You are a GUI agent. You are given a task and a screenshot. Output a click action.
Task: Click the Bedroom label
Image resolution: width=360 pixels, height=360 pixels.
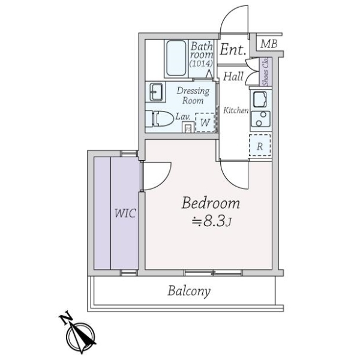click(211, 203)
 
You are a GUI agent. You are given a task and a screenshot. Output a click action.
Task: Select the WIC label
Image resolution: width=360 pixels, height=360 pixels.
click(124, 214)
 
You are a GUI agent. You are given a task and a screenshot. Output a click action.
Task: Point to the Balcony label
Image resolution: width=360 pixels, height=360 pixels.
click(189, 292)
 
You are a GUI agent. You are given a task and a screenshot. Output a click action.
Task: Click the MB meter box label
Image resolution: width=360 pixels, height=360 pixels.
click(269, 44)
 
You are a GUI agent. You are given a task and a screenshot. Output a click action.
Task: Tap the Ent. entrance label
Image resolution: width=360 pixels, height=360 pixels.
click(233, 50)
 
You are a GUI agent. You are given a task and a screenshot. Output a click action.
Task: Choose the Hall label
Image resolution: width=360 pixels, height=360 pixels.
click(233, 76)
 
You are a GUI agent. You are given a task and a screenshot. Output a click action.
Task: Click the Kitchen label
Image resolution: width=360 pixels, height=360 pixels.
click(236, 110)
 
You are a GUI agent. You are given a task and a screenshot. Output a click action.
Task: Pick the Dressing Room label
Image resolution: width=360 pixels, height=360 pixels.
click(193, 95)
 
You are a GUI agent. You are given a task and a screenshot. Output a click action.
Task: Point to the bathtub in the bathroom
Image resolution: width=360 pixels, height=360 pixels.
click(175, 59)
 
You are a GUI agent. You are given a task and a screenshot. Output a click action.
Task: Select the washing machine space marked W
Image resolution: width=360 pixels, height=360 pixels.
click(205, 122)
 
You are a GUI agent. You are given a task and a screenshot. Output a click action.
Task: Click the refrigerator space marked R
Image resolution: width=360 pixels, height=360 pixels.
click(260, 146)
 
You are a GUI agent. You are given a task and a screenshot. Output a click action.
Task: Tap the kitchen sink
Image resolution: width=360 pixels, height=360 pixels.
click(260, 99)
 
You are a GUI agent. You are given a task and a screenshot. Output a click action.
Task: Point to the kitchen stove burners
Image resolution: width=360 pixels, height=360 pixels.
click(261, 118)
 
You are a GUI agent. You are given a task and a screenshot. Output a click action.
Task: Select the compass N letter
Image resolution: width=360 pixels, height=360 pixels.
click(68, 319)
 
